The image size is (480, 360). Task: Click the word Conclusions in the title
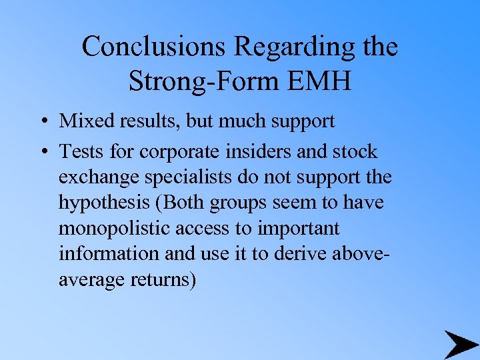coord(153,47)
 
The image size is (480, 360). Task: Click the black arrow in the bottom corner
coord(460,344)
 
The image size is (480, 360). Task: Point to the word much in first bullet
coord(236,121)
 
